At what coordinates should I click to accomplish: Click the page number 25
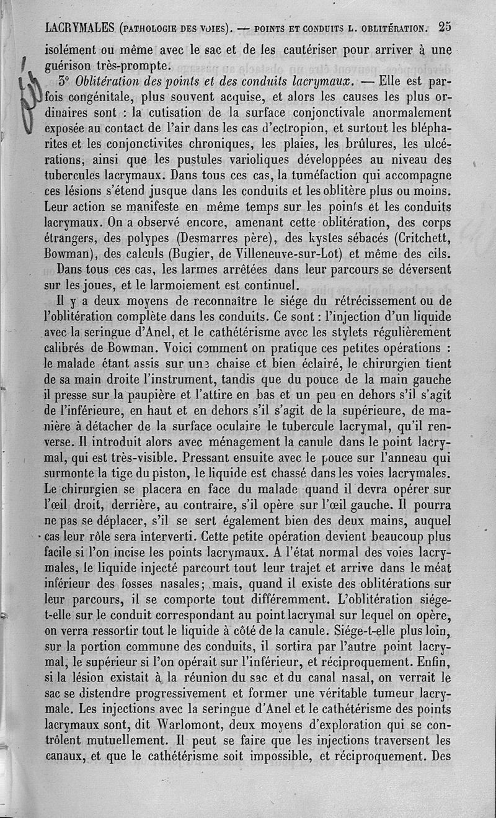[x=444, y=27]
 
